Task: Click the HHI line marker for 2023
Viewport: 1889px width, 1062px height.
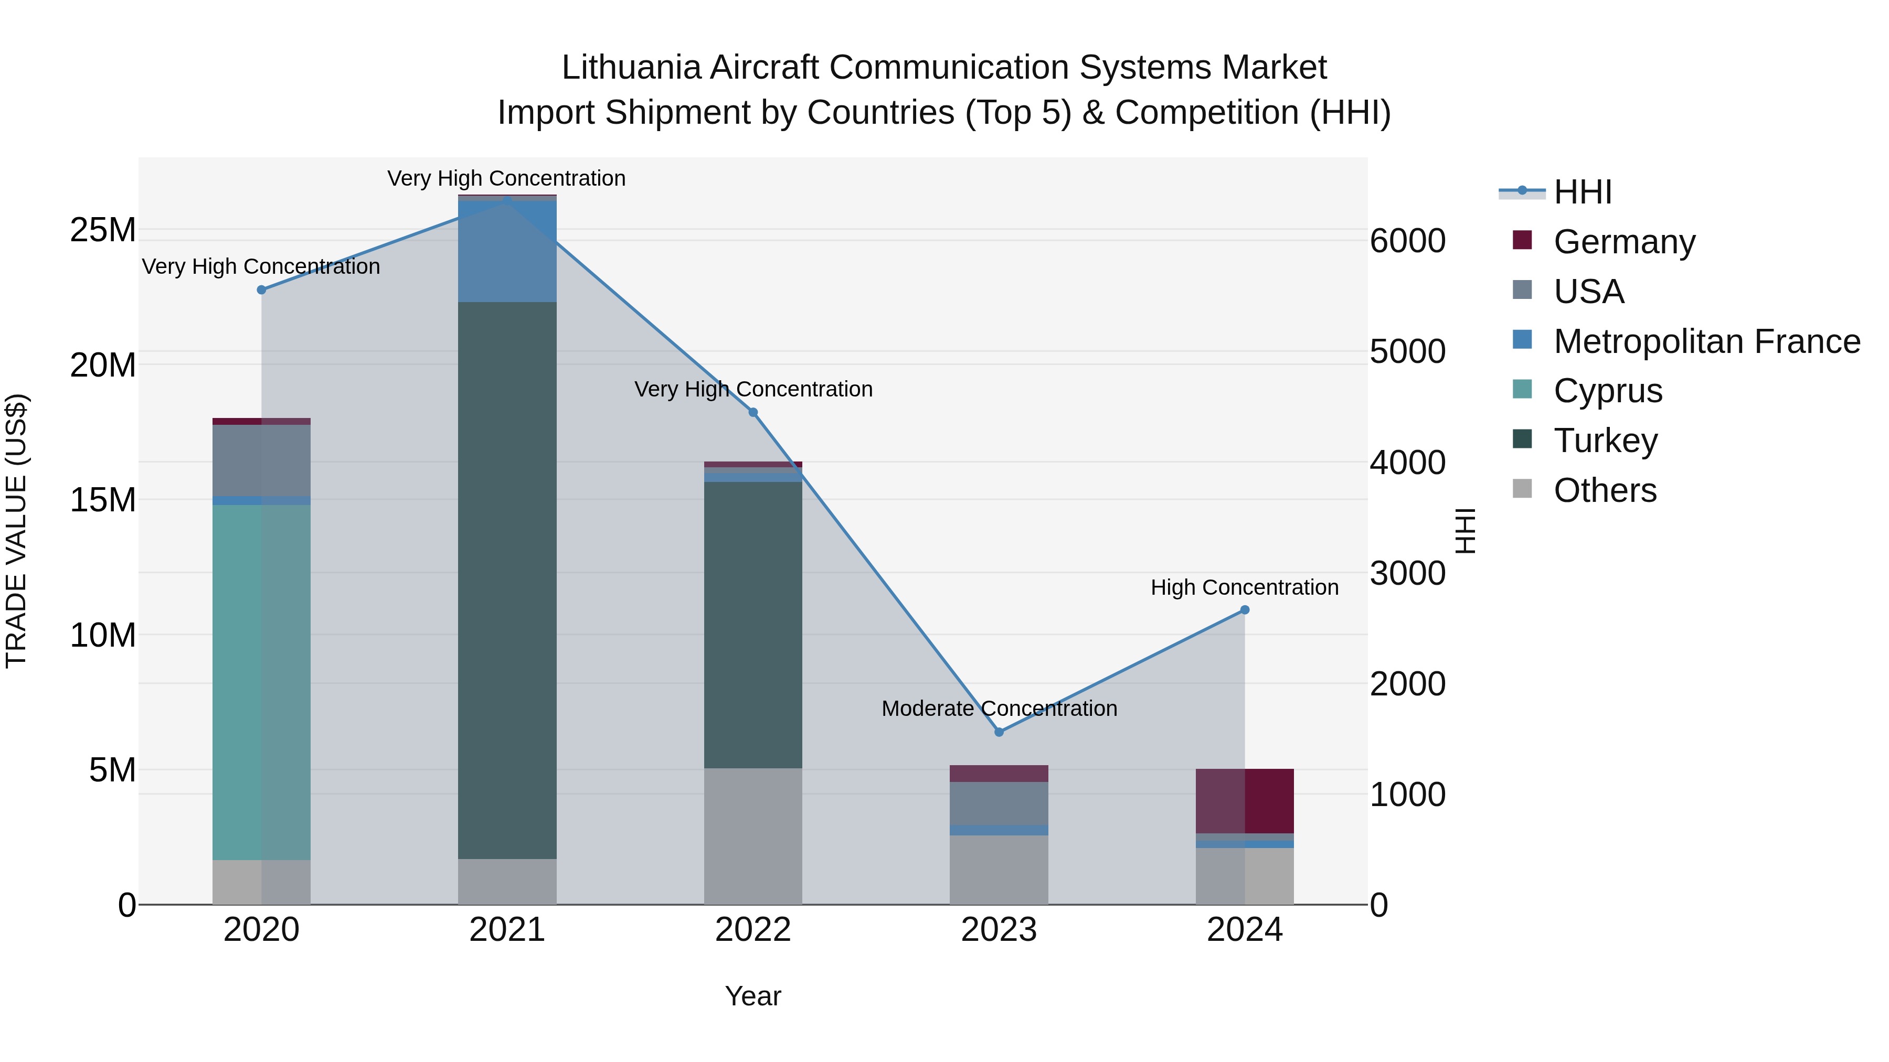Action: point(998,732)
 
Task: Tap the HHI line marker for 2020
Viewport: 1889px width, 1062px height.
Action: point(261,289)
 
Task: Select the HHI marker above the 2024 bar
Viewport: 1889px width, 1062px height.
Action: point(1245,610)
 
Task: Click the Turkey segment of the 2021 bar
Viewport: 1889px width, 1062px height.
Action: point(507,579)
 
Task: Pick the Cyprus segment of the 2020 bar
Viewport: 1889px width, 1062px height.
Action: point(261,682)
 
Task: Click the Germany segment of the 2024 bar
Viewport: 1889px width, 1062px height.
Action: point(1245,800)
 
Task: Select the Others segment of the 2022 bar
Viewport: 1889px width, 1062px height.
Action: point(752,835)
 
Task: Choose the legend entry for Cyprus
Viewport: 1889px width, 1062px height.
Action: point(1607,391)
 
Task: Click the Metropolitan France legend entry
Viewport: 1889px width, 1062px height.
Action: point(1706,341)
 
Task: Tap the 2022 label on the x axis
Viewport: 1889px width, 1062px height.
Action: point(752,930)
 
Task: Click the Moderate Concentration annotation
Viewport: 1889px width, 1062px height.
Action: point(999,708)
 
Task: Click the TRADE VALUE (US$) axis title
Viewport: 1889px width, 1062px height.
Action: point(16,531)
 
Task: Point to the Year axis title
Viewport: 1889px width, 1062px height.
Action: point(752,996)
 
